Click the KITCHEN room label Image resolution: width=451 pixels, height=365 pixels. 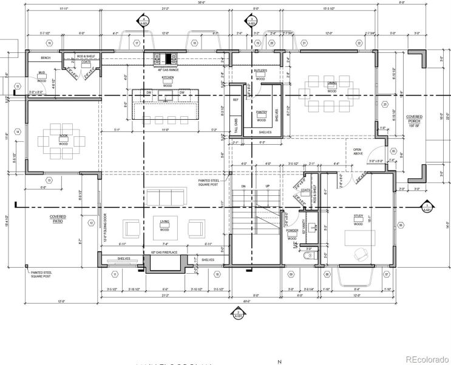(x=168, y=78)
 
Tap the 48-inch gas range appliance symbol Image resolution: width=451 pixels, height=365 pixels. (x=168, y=58)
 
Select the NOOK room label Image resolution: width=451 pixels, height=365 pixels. (x=63, y=136)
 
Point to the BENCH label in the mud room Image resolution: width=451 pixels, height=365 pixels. (x=45, y=58)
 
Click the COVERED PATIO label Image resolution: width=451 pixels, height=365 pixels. (x=59, y=218)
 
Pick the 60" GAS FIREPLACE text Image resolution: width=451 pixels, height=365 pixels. (x=164, y=251)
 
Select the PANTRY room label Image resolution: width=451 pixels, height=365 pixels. (x=262, y=112)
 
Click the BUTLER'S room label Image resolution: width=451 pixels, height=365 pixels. (x=261, y=71)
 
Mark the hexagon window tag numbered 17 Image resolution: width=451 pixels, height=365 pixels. (x=137, y=43)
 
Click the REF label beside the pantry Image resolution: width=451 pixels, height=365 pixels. (x=236, y=99)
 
